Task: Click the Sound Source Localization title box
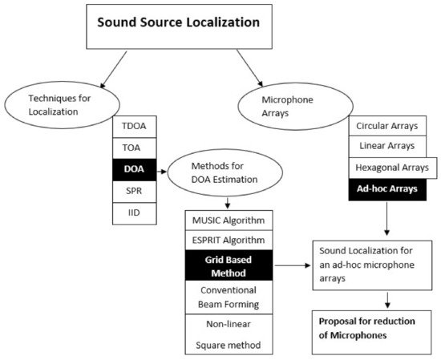tap(178, 23)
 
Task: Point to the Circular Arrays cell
tap(386, 126)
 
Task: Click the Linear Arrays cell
tap(386, 148)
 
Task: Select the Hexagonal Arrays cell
tap(386, 169)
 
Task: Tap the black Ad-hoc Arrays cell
tap(386, 190)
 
